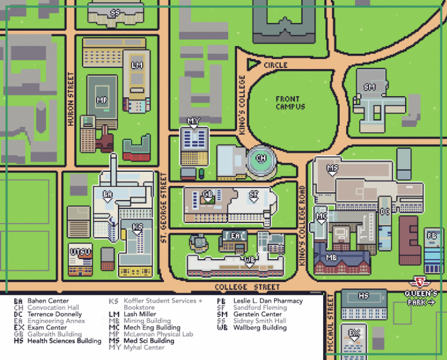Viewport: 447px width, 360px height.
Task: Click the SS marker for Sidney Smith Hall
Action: (115, 13)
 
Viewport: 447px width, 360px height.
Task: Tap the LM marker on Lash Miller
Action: (137, 65)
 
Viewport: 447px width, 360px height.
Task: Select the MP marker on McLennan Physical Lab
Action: (102, 101)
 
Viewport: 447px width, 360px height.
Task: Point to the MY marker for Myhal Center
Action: (194, 122)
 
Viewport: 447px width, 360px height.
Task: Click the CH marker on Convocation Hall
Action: (261, 158)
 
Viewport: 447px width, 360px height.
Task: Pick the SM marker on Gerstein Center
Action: (370, 88)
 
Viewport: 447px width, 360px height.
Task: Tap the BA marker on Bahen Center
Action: (108, 195)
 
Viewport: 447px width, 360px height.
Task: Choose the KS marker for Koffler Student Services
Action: (137, 228)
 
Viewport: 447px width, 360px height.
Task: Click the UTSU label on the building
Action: (80, 252)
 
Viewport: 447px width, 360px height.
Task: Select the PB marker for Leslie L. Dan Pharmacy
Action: (432, 236)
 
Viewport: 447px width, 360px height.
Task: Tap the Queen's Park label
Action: (421, 298)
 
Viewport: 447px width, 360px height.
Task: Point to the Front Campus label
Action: (290, 103)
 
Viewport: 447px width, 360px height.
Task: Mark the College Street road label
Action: (247, 287)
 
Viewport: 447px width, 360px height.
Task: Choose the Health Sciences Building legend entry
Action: (58, 341)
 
